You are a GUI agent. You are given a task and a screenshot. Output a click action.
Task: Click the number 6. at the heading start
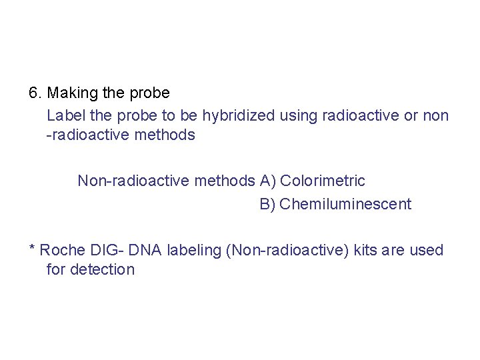coord(36,93)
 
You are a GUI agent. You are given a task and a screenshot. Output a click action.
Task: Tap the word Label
coord(65,116)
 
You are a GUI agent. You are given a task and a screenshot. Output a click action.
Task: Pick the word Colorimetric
coord(323,181)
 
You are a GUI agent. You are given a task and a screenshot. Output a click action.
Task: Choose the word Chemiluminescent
coord(345,204)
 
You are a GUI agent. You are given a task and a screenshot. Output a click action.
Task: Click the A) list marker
coord(268,181)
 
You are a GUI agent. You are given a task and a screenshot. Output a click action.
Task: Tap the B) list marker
coord(268,204)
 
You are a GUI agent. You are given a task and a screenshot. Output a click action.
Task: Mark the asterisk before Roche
coord(32,249)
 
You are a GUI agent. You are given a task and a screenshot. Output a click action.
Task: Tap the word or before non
coord(411,116)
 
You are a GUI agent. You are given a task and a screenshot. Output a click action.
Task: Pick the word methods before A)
coord(225,181)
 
